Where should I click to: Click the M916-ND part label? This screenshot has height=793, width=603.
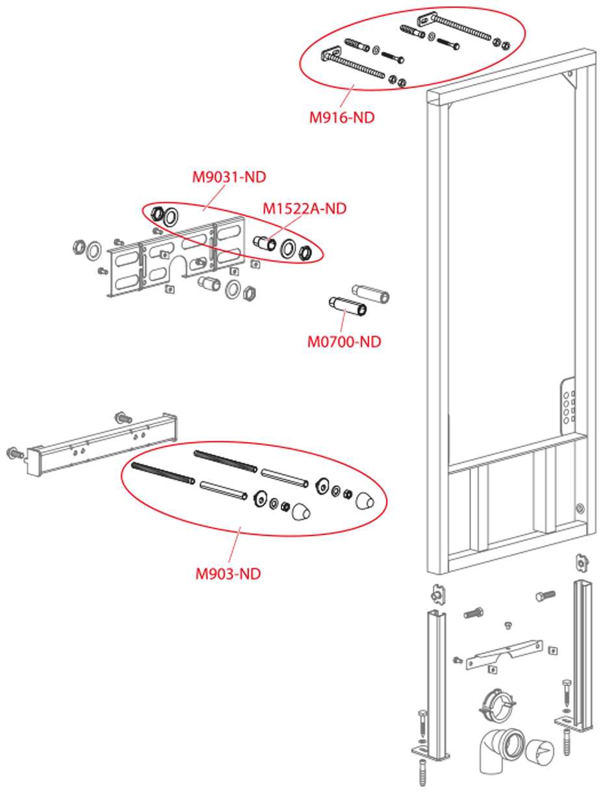coord(342,118)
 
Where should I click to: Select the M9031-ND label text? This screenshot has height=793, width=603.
coord(229,176)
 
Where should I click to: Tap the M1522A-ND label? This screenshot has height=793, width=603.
coord(304,209)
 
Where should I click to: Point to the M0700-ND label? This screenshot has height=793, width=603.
coord(344,341)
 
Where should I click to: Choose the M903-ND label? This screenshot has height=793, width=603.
coord(228,573)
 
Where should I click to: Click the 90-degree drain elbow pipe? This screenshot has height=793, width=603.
coord(501,748)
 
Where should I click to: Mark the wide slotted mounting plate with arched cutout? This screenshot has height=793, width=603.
coord(177,256)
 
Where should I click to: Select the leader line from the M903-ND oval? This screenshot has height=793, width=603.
coord(239,550)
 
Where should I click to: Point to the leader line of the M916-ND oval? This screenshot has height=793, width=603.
coord(351,96)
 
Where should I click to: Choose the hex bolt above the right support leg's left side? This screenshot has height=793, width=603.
coord(545,595)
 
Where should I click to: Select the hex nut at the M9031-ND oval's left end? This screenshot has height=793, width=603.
coord(156,213)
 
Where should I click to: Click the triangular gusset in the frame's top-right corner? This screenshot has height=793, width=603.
coord(570,79)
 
